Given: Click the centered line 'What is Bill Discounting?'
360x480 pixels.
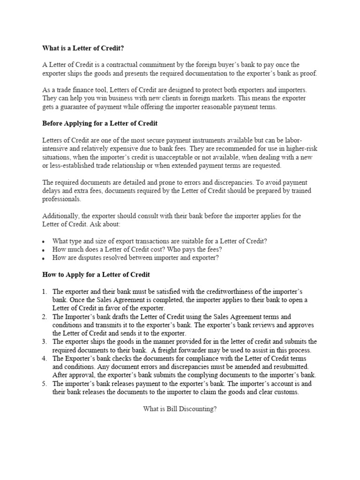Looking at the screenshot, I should click(180, 409).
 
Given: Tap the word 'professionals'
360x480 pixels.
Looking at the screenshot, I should click(61, 199).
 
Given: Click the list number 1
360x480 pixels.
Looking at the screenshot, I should click(45, 291).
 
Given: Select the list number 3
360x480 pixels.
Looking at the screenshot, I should click(45, 342).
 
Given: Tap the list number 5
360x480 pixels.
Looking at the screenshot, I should click(45, 383).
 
